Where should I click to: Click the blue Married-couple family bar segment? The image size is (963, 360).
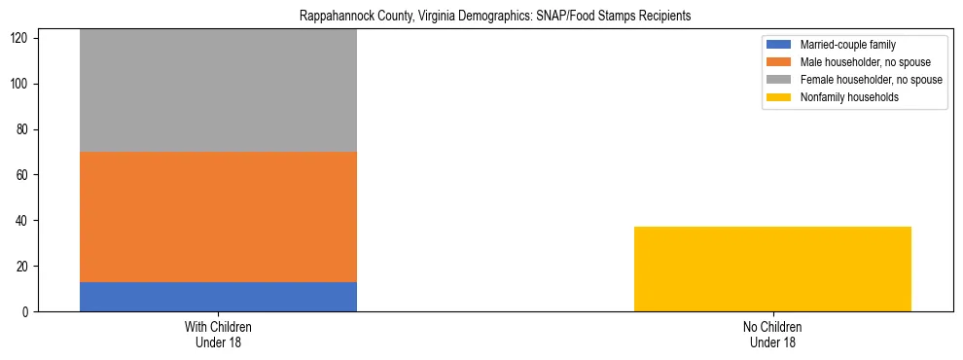[x=218, y=297]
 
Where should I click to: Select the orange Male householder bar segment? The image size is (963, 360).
[x=218, y=216]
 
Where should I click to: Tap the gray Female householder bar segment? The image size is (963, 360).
[x=218, y=90]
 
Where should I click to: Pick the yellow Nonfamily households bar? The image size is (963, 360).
[x=772, y=269]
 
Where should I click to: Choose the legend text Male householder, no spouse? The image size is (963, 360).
[x=865, y=62]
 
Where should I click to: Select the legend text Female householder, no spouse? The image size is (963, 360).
[x=871, y=80]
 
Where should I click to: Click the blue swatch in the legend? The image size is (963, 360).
[x=780, y=45]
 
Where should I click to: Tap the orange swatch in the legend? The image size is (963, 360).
[x=780, y=62]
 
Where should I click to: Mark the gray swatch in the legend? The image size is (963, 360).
[x=780, y=80]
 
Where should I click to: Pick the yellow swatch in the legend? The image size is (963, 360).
[x=780, y=97]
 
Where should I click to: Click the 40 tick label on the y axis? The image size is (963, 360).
[x=25, y=221]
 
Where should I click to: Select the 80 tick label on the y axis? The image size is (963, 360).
[x=25, y=129]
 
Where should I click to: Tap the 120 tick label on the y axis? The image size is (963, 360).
[x=22, y=38]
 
